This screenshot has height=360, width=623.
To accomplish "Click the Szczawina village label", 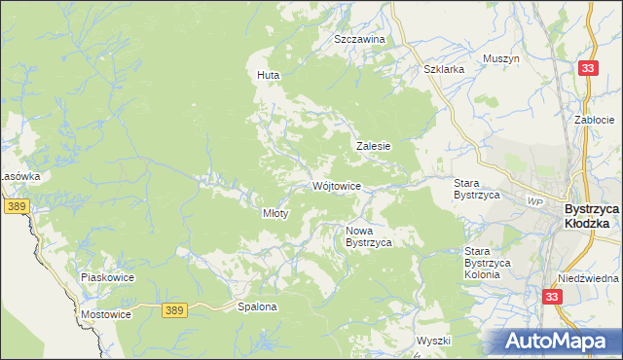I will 359,39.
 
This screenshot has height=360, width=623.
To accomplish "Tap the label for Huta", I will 268,74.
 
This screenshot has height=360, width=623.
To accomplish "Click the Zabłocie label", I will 594,119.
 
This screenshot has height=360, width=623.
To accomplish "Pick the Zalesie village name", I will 373,146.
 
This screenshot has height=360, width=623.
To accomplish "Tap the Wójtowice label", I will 338,186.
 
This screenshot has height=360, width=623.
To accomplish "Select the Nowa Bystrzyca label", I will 369,236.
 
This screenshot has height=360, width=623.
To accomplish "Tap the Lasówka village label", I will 19,176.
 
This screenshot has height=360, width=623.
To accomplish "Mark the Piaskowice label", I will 106,277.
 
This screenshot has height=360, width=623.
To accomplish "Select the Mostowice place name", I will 105,314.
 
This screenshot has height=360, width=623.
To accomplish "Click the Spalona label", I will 258,306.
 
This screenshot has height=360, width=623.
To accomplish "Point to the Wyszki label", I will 433,341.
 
